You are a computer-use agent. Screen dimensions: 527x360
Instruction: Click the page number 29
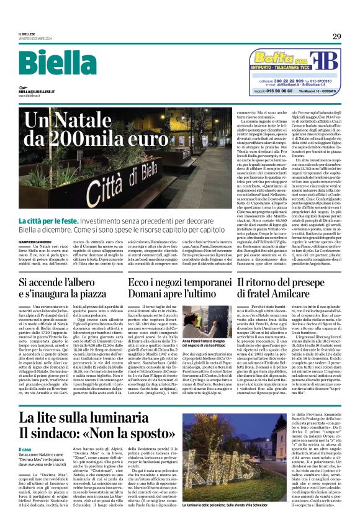pyautogui.click(x=336, y=37)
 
